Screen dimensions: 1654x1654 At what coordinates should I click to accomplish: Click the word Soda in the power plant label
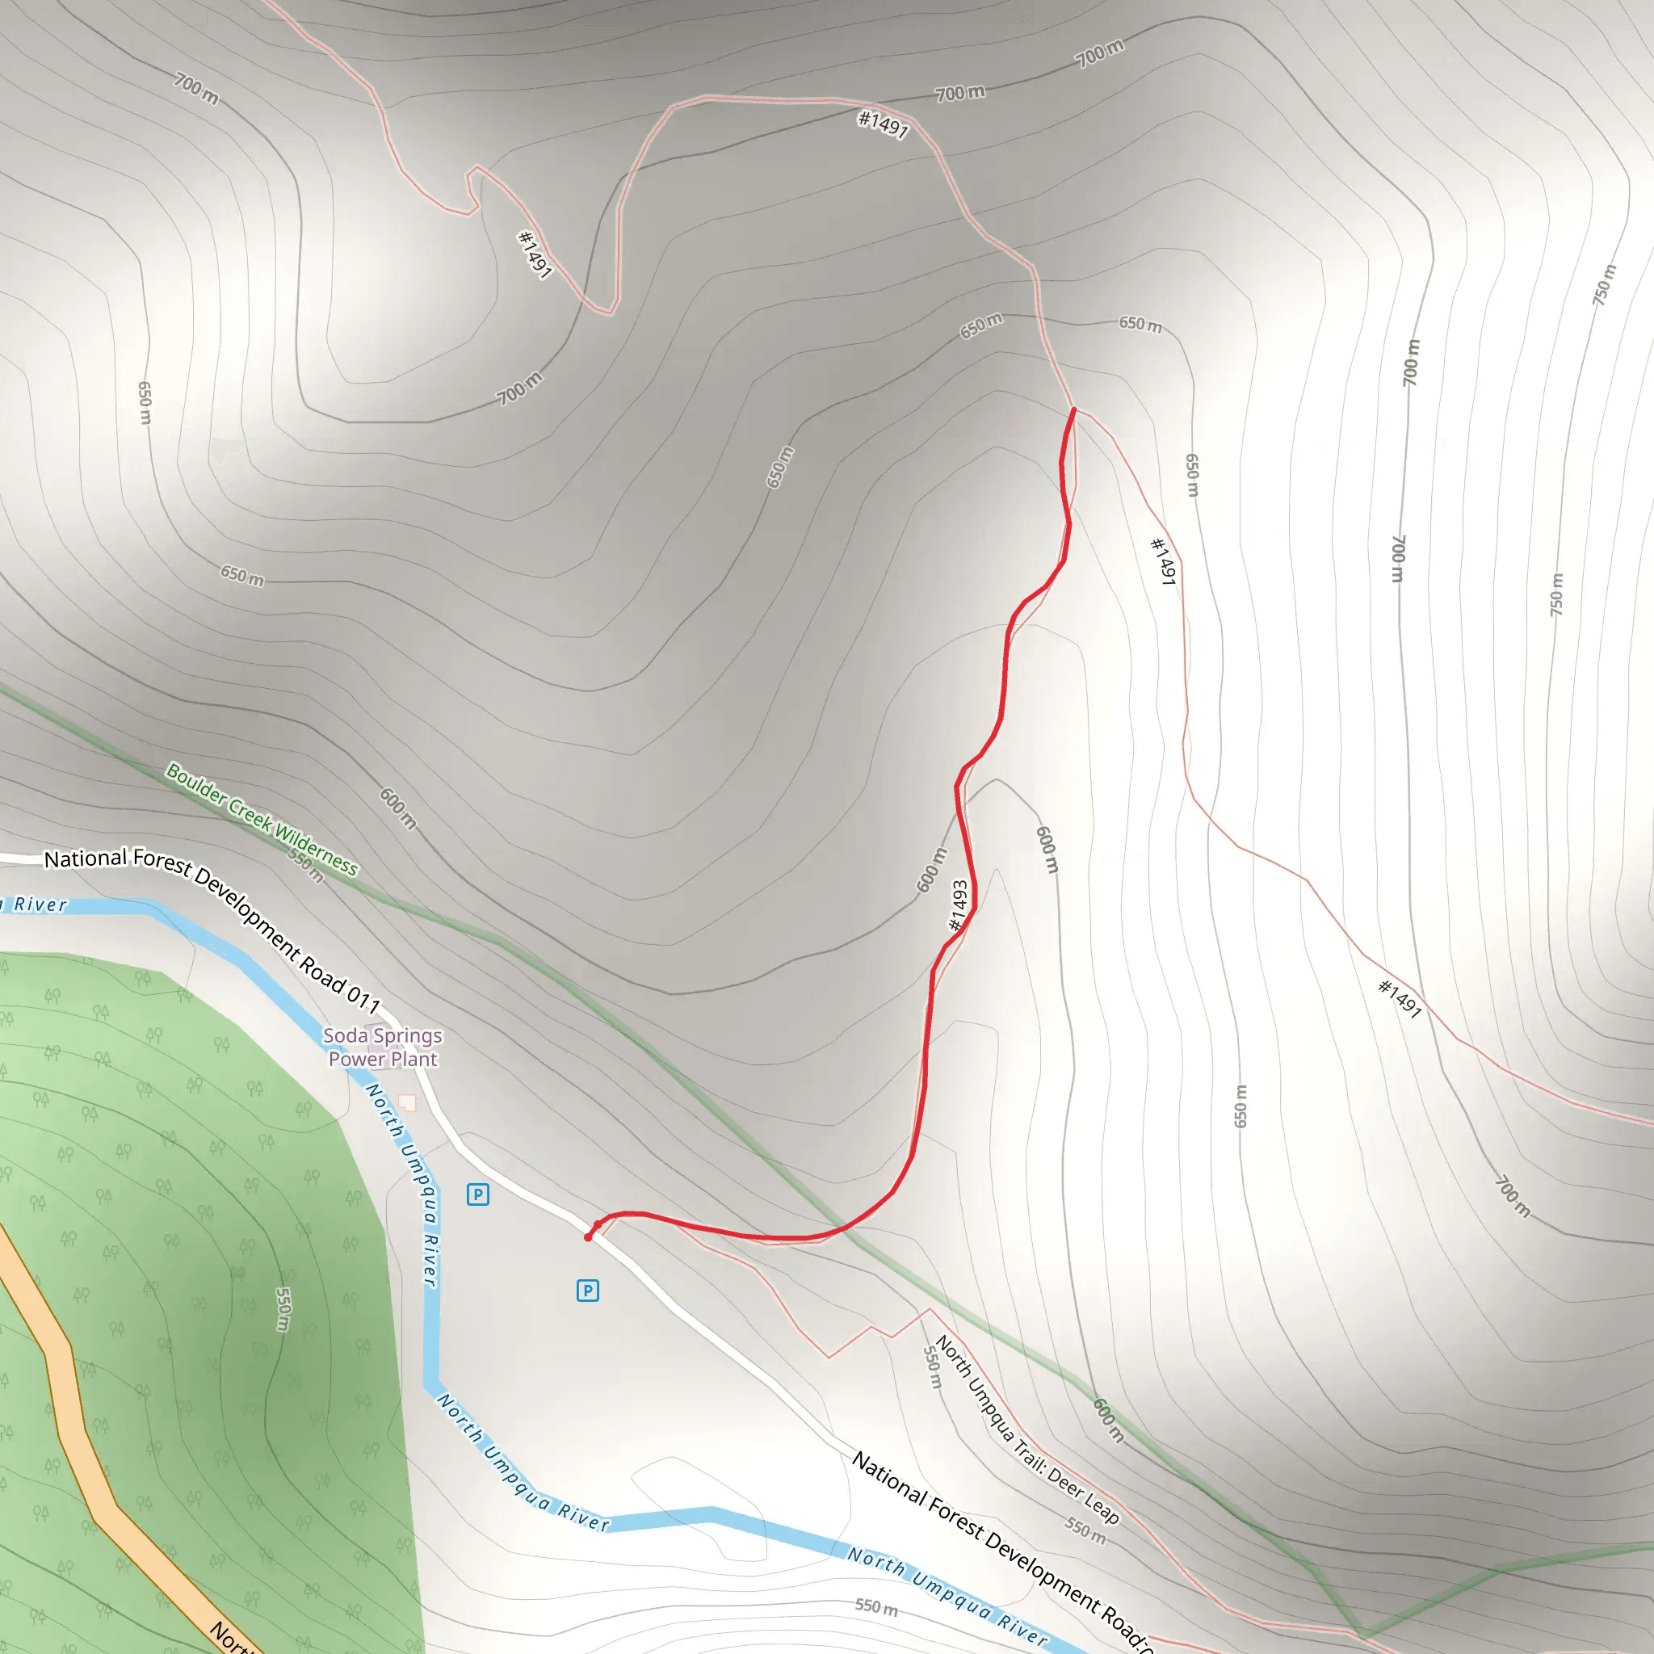click(345, 1036)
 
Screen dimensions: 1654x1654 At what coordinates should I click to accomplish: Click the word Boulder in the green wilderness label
click(195, 784)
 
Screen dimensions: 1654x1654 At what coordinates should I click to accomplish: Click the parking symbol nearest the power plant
click(478, 1194)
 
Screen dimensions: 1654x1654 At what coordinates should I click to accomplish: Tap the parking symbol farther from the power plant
click(587, 1290)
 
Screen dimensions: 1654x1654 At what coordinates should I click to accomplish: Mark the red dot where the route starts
click(588, 1237)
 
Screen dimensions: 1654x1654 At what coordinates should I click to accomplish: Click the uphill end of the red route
click(1073, 410)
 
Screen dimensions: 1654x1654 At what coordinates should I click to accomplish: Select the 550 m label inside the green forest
click(283, 1309)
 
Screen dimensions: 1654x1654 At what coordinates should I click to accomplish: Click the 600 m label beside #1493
click(932, 870)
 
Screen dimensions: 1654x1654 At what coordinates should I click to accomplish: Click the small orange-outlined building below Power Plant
click(408, 1102)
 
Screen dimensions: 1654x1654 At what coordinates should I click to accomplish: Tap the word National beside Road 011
click(86, 858)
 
